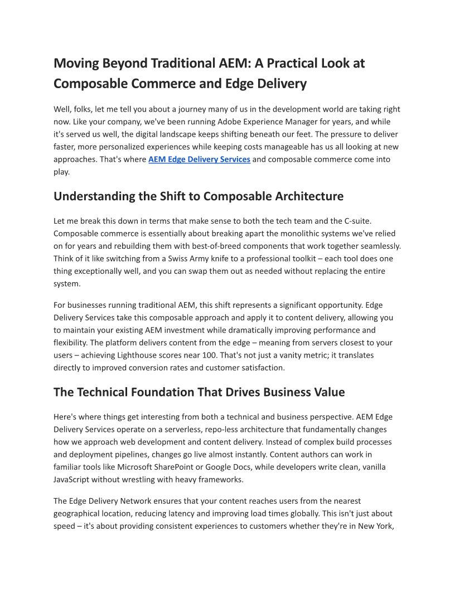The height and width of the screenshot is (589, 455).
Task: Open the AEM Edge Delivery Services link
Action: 199,160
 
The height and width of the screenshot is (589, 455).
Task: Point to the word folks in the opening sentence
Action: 88,109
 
